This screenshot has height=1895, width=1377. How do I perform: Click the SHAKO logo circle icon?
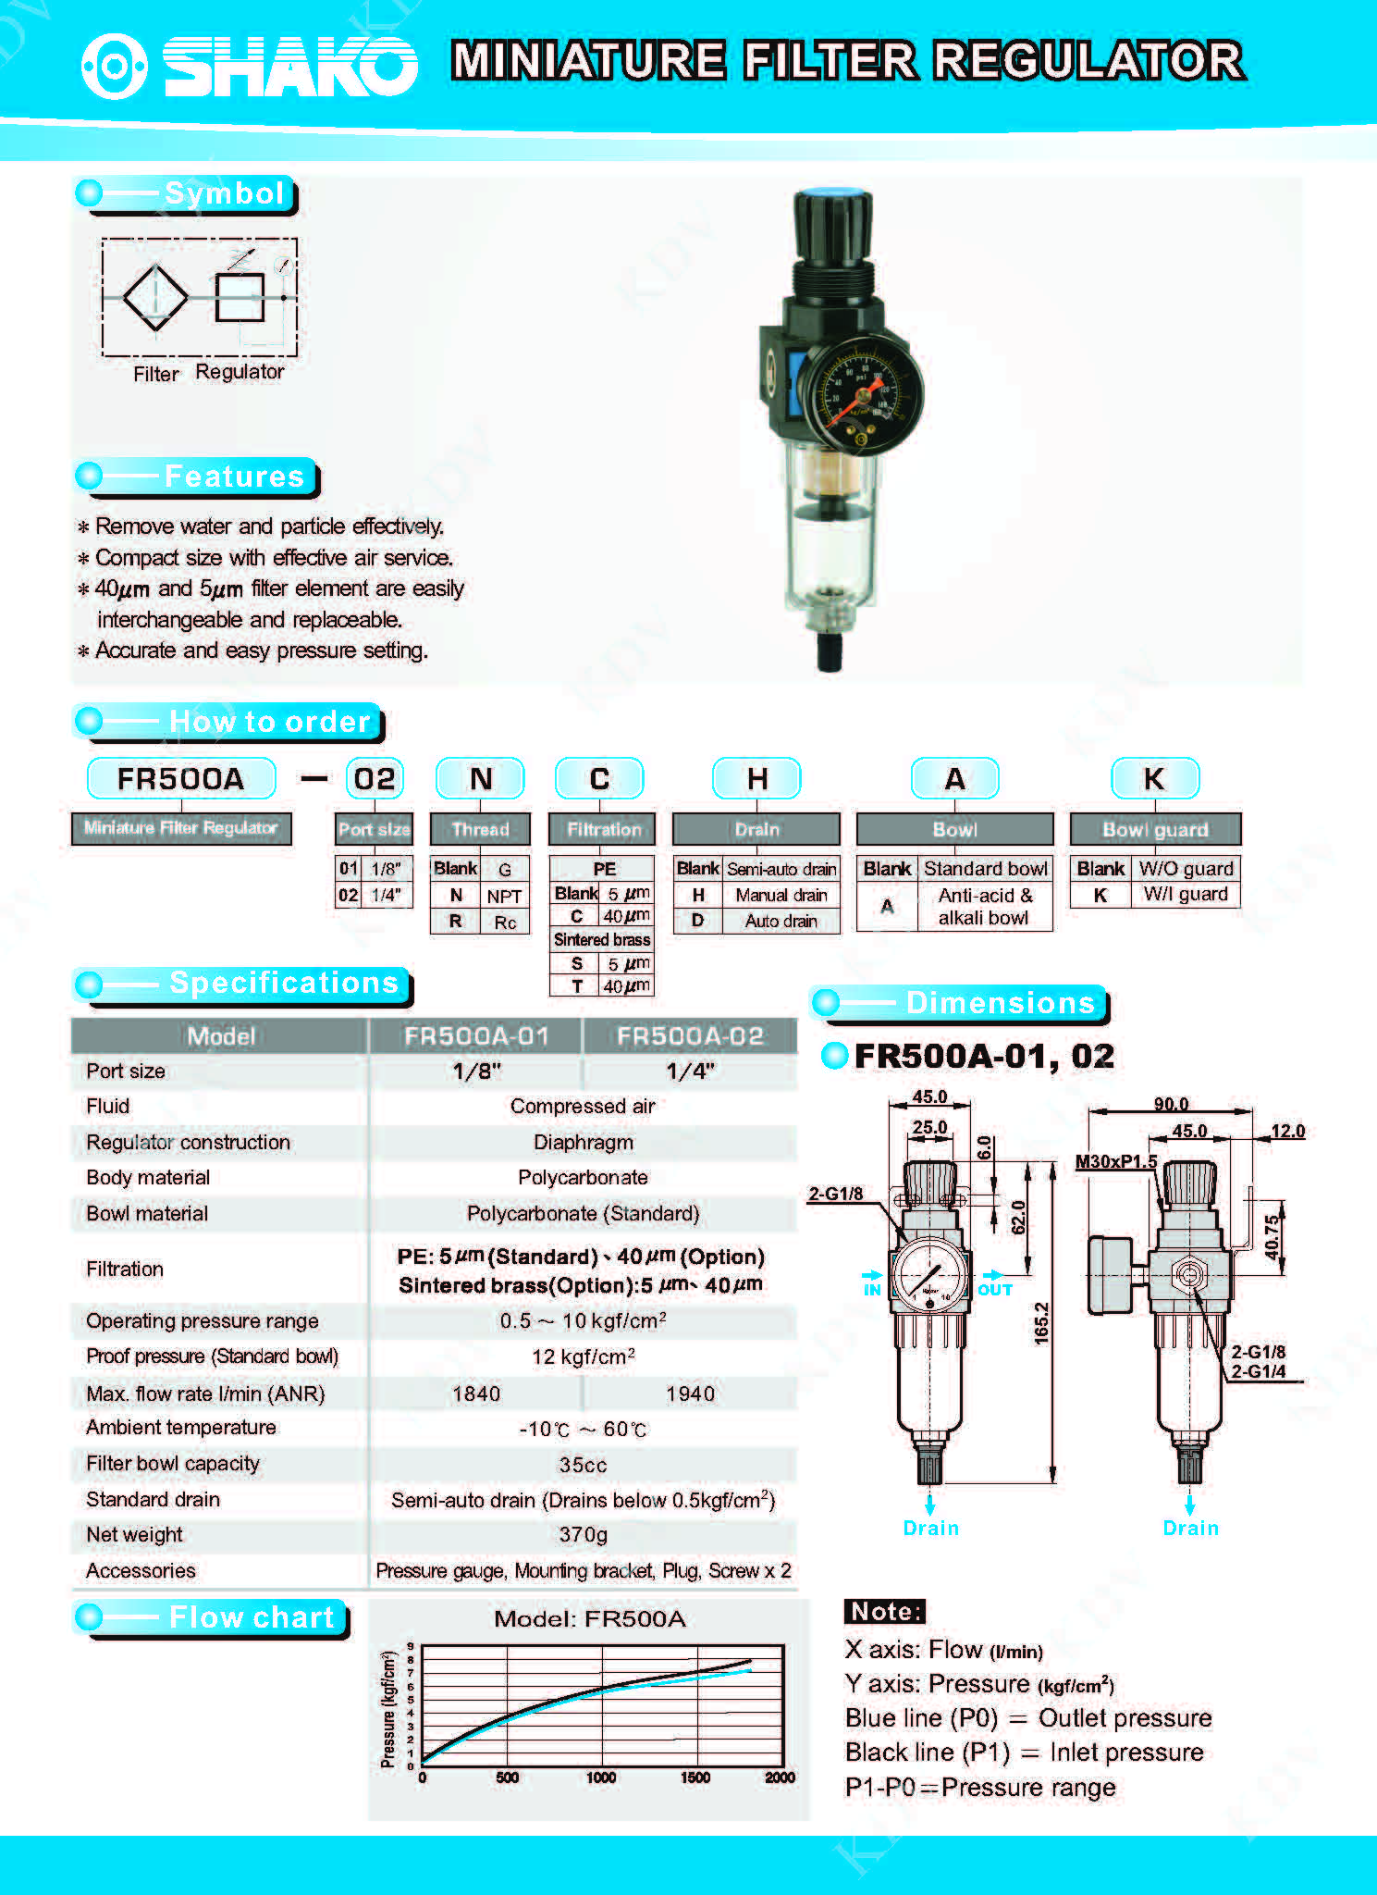tap(114, 66)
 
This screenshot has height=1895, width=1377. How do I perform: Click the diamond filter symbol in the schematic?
tap(155, 297)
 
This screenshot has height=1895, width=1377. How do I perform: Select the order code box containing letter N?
tap(480, 779)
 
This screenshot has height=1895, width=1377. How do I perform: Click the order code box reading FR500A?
tap(181, 779)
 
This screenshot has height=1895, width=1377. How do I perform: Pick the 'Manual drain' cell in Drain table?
tap(781, 895)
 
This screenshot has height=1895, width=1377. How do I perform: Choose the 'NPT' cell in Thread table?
tap(504, 896)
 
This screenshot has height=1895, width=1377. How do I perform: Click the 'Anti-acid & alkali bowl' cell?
tap(984, 907)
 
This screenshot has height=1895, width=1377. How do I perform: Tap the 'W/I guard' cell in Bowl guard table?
tap(1185, 894)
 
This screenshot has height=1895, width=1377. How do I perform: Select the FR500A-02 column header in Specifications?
tap(690, 1036)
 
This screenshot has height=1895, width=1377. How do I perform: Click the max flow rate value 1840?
tap(476, 1393)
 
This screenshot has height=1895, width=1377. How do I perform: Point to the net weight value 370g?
tap(583, 1535)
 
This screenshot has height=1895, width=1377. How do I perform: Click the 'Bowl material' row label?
tap(147, 1213)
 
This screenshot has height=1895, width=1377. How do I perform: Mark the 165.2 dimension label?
tap(1042, 1322)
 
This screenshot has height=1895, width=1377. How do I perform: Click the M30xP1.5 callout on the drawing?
tap(1115, 1161)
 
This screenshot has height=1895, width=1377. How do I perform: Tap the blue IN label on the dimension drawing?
tap(871, 1290)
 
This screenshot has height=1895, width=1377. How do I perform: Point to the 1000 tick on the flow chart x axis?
tap(601, 1777)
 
